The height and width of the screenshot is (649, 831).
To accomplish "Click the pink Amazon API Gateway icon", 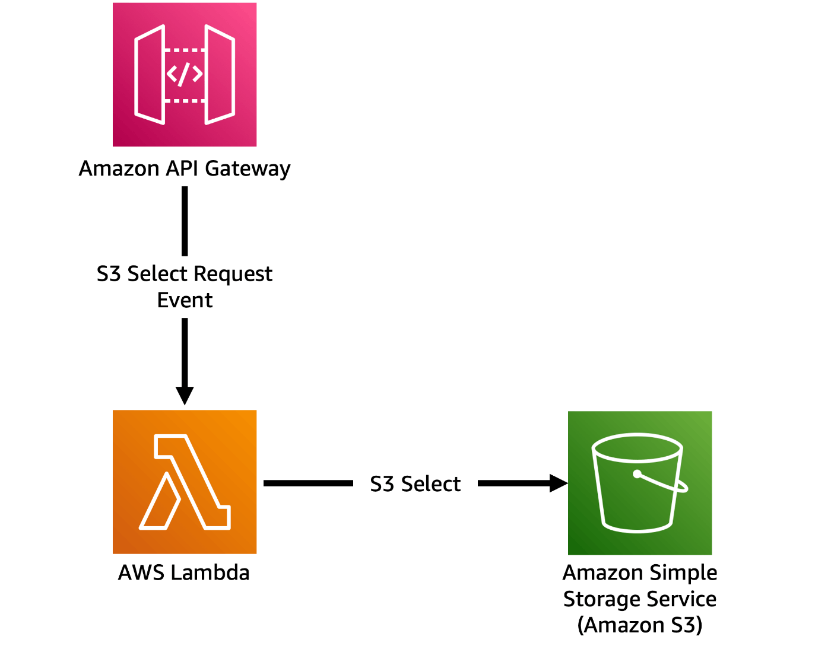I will [185, 75].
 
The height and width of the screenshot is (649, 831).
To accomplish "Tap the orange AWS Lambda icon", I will [185, 482].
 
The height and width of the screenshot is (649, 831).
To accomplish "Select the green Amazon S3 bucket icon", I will [640, 483].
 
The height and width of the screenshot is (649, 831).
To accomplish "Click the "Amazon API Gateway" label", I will [185, 168].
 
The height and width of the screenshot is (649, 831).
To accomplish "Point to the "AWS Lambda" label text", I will [184, 572].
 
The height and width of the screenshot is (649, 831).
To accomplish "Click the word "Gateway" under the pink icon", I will [248, 169].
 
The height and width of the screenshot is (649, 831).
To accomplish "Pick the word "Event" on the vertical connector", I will [185, 300].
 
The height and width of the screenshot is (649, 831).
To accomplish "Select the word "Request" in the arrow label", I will [233, 274].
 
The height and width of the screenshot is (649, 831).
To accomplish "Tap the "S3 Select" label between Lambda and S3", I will [415, 484].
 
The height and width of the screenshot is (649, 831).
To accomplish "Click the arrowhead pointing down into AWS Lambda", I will [185, 395].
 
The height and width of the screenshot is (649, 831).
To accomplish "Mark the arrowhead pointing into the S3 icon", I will [558, 483].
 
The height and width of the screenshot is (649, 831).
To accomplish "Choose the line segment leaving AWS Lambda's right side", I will [308, 483].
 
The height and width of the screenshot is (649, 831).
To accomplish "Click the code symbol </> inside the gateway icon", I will [185, 74].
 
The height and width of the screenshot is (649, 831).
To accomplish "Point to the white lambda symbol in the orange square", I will [185, 482].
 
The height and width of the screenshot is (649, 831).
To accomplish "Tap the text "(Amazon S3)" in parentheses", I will [640, 625].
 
